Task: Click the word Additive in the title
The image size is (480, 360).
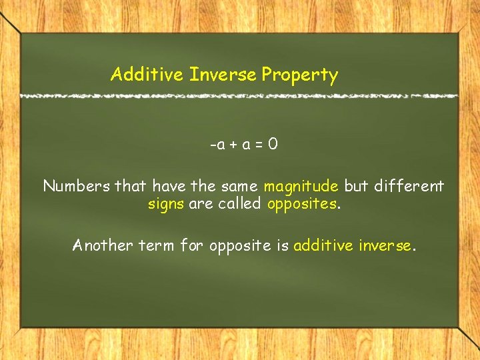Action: coord(147,74)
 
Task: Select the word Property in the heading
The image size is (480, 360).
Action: coord(299,75)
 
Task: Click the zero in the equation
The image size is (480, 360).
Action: coord(273,144)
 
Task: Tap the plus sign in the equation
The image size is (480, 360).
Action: coord(231,145)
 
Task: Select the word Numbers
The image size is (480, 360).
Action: coord(77,186)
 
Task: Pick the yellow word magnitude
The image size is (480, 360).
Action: coord(301,187)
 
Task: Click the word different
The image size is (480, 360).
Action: coord(409,186)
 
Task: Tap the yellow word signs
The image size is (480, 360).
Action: coord(166,203)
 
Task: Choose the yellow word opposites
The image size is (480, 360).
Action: coord(302,204)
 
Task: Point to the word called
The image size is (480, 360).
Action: coord(237,203)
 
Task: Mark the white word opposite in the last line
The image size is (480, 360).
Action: coord(240,246)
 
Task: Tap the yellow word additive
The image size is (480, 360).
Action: coord(323,245)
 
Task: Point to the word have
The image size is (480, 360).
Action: coord(170,186)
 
